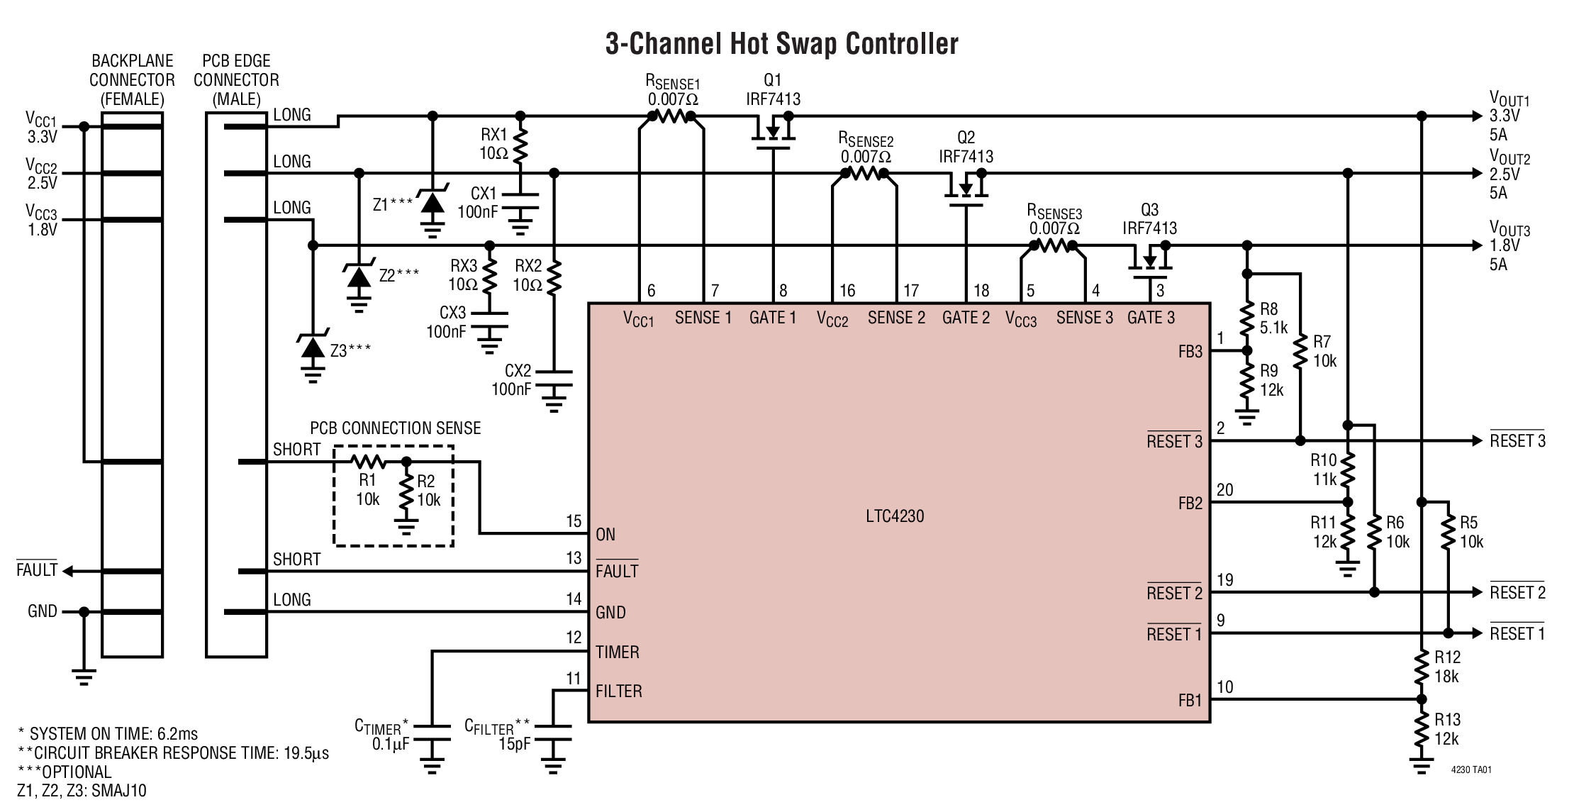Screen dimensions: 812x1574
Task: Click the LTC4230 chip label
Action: click(895, 516)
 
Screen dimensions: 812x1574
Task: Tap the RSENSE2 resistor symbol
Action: click(864, 174)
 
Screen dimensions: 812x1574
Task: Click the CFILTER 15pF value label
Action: click(515, 745)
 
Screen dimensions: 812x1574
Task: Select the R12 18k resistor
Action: click(1421, 667)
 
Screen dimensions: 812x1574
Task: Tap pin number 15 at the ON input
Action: click(574, 521)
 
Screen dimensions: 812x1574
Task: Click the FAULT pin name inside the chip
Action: click(617, 571)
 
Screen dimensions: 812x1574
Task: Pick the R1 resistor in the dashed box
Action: click(367, 463)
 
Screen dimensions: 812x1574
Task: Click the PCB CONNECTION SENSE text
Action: click(395, 428)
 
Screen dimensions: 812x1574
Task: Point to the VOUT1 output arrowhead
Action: click(1476, 116)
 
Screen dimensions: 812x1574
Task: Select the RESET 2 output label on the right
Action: click(1517, 592)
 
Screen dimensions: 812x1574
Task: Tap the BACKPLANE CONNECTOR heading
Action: click(132, 79)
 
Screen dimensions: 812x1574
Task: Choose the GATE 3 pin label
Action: click(1151, 318)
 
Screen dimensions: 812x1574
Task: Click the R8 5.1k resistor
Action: click(1247, 319)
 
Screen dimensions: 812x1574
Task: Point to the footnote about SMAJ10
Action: click(82, 791)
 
